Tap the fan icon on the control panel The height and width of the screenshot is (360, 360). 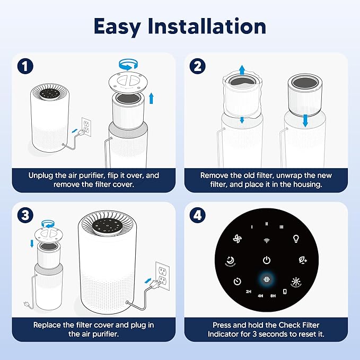pyautogui.click(x=237, y=239)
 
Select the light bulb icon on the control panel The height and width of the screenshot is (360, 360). pyautogui.click(x=296, y=239)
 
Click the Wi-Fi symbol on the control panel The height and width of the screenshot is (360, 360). pyautogui.click(x=266, y=240)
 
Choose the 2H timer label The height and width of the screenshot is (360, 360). pyautogui.click(x=248, y=292)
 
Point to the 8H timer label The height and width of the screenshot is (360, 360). pyautogui.click(x=273, y=295)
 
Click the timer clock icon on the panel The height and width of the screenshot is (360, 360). pyautogui.click(x=237, y=281)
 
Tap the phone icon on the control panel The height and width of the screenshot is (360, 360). pyautogui.click(x=285, y=292)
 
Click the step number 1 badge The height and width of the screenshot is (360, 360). pyautogui.click(x=25, y=66)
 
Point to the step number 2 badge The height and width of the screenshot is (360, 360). pyautogui.click(x=197, y=66)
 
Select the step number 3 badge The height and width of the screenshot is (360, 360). pyautogui.click(x=25, y=216)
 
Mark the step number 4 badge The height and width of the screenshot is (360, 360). pyautogui.click(x=197, y=216)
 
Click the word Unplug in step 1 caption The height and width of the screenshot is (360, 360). pyautogui.click(x=43, y=175)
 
